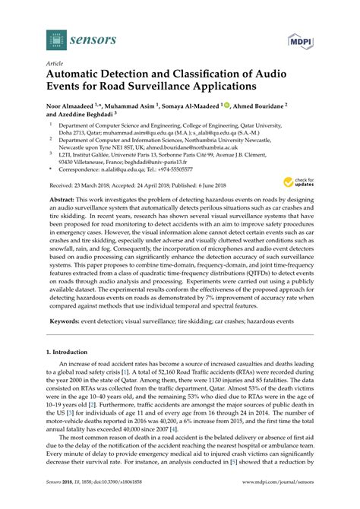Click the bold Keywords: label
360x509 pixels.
click(65, 322)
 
